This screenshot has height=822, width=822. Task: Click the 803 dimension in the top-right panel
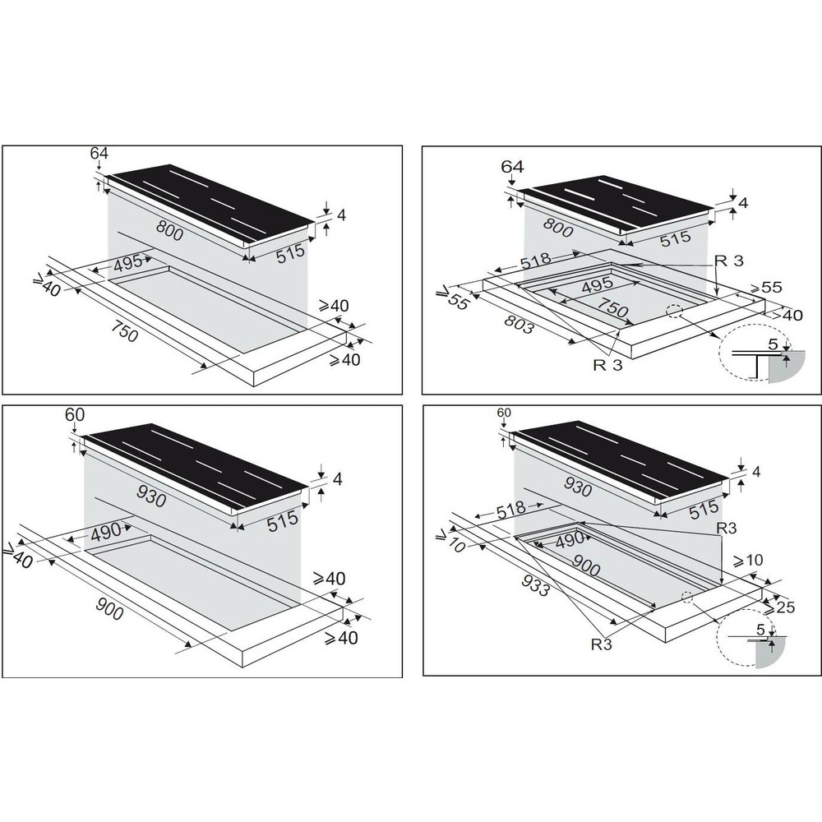pyautogui.click(x=519, y=325)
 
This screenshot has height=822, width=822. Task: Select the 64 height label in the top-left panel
pyautogui.click(x=99, y=153)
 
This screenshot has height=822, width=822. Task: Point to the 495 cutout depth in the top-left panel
pyautogui.click(x=128, y=263)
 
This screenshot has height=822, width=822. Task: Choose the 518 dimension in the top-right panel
pyautogui.click(x=535, y=261)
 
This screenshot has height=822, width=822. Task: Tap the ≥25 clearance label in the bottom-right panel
pyautogui.click(x=779, y=607)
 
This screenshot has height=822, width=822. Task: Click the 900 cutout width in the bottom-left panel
pyautogui.click(x=109, y=608)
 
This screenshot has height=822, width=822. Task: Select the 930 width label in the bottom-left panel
pyautogui.click(x=151, y=496)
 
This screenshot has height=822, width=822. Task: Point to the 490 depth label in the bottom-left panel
pyautogui.click(x=106, y=533)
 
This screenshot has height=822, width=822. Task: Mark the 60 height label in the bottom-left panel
pyautogui.click(x=75, y=414)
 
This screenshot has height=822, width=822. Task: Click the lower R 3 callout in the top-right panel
pyautogui.click(x=607, y=364)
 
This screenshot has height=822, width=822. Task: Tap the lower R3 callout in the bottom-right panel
pyautogui.click(x=602, y=644)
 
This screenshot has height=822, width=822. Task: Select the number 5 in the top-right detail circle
pyautogui.click(x=773, y=344)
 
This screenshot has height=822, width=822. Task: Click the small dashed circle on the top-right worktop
pyautogui.click(x=674, y=312)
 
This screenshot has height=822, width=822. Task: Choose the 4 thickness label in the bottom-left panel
pyautogui.click(x=337, y=479)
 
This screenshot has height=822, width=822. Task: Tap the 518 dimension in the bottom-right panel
pyautogui.click(x=511, y=509)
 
